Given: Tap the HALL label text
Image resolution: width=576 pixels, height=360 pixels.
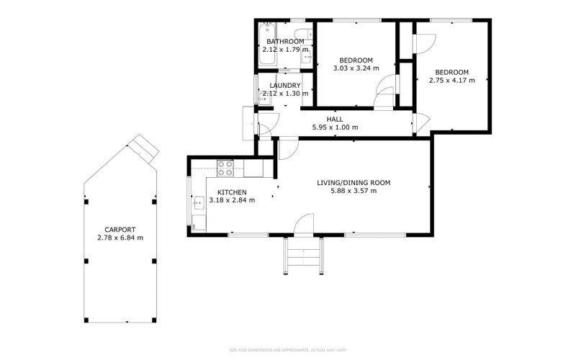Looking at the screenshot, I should pos(335,120).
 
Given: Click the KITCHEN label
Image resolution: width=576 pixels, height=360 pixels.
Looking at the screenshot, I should pos(232,192).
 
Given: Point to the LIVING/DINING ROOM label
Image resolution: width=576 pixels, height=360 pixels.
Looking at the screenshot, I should pos(354,183).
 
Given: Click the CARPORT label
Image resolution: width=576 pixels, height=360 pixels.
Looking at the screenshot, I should pos(120,229).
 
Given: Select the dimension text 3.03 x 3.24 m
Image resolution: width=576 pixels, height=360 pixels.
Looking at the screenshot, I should pos(356,68).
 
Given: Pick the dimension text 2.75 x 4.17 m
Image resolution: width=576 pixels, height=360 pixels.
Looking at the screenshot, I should pos(452,81).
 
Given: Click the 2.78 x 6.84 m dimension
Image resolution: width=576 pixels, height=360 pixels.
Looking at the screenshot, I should pos(120,238).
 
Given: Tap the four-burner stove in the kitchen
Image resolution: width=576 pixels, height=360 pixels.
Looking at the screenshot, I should pos(225,168).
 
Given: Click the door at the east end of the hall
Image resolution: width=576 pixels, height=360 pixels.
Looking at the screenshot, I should pos(420,124).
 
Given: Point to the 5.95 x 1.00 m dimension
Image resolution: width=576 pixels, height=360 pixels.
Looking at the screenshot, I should pos(335,127).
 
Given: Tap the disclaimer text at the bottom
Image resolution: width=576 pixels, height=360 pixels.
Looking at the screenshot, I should pos(288,351).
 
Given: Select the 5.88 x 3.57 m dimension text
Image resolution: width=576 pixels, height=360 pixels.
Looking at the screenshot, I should pos(354,191).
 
